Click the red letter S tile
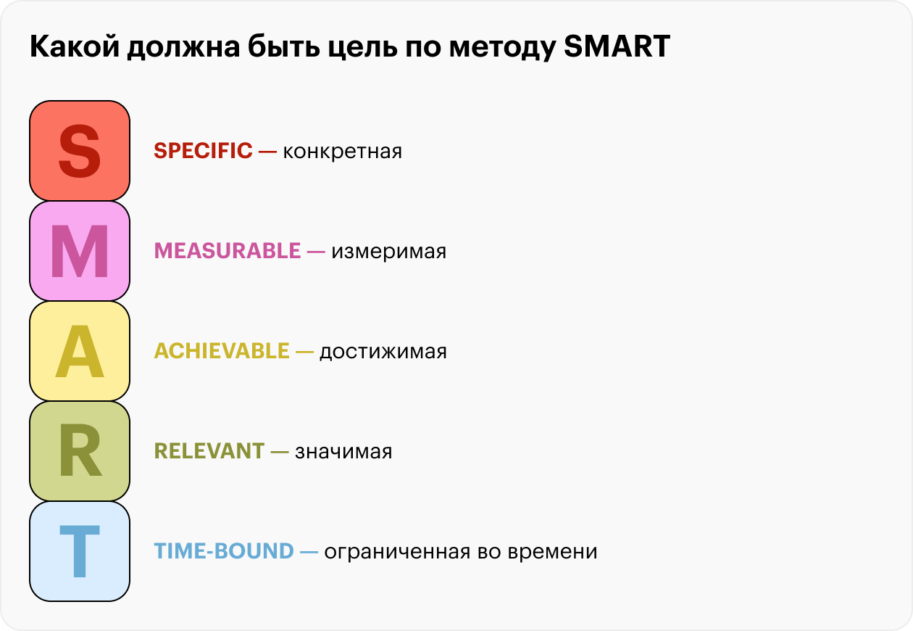[80, 151]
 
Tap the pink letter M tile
[80, 251]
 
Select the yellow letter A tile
[80, 351]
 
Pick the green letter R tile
[80, 450]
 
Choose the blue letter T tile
[80, 551]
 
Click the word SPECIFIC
[204, 151]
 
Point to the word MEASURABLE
[228, 250]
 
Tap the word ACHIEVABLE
[222, 351]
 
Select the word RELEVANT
[209, 450]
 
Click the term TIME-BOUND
[224, 550]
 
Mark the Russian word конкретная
[342, 152]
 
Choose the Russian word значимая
[343, 452]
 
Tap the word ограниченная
[397, 552]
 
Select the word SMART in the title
[617, 46]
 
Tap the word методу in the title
[503, 49]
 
